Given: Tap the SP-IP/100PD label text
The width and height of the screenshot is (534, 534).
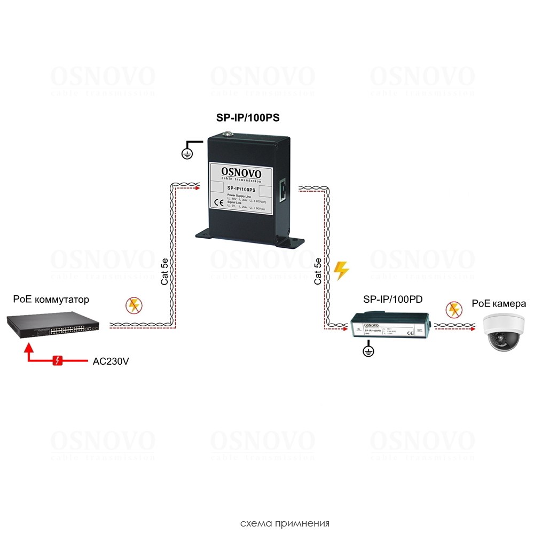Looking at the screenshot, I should [x=392, y=300].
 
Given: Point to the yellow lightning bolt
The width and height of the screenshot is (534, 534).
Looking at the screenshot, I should [x=340, y=271].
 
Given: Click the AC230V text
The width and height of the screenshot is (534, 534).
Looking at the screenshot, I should [x=111, y=361].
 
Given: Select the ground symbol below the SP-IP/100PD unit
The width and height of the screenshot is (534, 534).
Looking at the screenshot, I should [x=367, y=351].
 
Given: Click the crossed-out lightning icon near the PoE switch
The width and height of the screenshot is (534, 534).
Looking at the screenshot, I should [x=133, y=306].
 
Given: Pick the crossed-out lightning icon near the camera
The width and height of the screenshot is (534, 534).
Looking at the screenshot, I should [x=454, y=309].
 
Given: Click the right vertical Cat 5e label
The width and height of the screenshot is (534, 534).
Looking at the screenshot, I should [x=318, y=271].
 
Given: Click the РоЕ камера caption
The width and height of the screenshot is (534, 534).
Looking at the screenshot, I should [x=499, y=304].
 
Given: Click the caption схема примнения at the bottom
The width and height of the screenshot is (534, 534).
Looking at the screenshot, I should [x=285, y=523].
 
